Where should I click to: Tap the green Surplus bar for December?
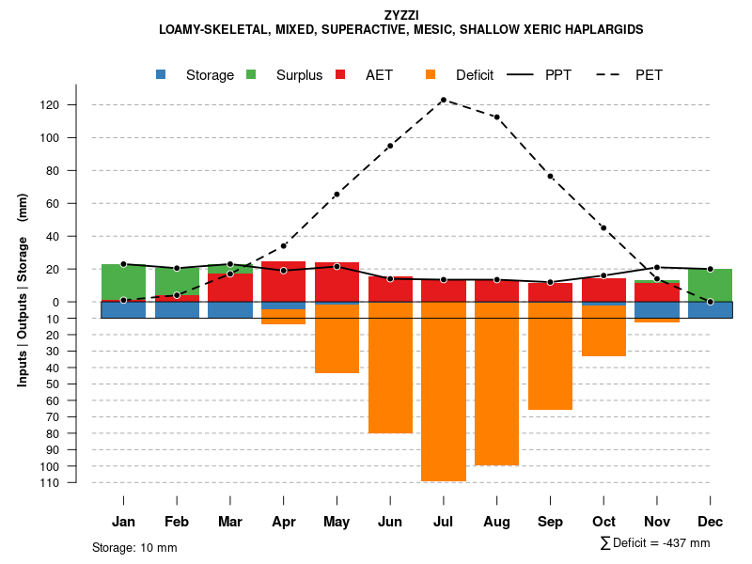point(710,285)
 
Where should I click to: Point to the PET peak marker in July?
point(444,100)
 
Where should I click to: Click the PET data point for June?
point(390,146)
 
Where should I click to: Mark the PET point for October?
point(603,228)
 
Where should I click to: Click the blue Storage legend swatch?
point(161,74)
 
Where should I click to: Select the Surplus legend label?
point(299,75)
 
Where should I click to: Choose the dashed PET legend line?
point(612,74)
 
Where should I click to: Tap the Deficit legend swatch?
point(431,74)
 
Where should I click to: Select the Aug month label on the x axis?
point(496,522)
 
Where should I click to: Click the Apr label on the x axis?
point(284,522)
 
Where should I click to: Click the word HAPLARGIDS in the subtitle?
point(608,30)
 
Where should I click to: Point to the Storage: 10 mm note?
point(134,547)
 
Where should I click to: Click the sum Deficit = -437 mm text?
point(655,543)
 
